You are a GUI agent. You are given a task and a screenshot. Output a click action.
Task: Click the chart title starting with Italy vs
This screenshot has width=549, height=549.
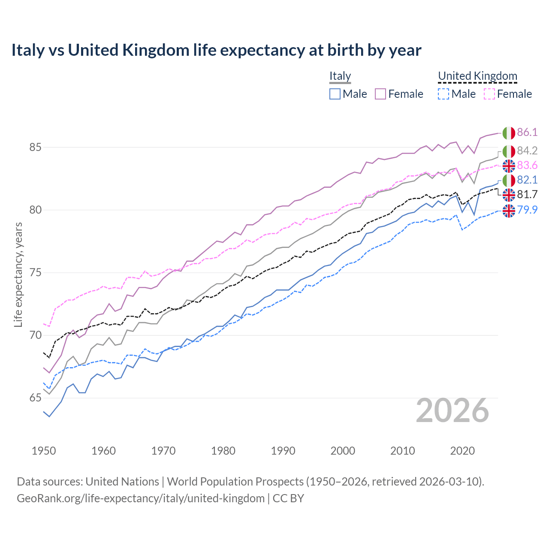(x=216, y=50)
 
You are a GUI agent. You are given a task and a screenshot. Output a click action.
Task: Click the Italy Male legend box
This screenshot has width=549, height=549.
(x=335, y=94)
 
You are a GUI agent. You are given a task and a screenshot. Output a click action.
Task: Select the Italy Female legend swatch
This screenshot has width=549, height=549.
(x=380, y=94)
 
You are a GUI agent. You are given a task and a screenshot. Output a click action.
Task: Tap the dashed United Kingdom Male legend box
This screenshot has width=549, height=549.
(x=443, y=94)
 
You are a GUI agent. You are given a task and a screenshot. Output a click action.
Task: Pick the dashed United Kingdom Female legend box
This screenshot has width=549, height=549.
(x=489, y=94)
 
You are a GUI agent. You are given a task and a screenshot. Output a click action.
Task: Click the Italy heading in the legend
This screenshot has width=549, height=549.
(x=340, y=76)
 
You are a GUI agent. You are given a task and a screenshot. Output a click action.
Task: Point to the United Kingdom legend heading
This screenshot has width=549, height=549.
(x=477, y=76)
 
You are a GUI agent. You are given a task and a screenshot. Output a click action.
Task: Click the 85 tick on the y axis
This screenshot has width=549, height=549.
(x=35, y=148)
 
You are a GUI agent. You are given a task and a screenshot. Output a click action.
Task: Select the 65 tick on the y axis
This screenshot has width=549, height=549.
(x=35, y=398)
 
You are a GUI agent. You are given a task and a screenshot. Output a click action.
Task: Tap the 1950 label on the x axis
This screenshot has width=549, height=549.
(x=44, y=451)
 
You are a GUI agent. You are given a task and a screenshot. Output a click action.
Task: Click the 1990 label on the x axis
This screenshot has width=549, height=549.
(x=283, y=451)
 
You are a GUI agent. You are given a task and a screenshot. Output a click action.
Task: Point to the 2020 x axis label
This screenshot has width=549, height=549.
(x=462, y=451)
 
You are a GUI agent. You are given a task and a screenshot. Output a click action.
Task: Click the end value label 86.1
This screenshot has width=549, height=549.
(x=527, y=132)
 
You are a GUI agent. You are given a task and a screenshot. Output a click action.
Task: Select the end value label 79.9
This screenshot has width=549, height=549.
(x=527, y=210)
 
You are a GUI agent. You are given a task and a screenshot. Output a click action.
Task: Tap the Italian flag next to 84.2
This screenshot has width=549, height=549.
(x=509, y=151)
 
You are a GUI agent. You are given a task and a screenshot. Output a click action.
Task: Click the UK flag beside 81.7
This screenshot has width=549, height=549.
(x=509, y=195)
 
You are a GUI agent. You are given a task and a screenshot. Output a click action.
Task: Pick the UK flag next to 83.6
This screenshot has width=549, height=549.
(x=509, y=166)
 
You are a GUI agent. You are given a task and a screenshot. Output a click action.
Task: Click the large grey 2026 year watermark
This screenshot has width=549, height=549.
(x=452, y=410)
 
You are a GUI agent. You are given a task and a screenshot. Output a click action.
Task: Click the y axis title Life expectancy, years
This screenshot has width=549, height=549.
(x=18, y=274)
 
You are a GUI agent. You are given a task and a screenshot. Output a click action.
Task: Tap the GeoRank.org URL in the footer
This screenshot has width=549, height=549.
(x=141, y=498)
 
